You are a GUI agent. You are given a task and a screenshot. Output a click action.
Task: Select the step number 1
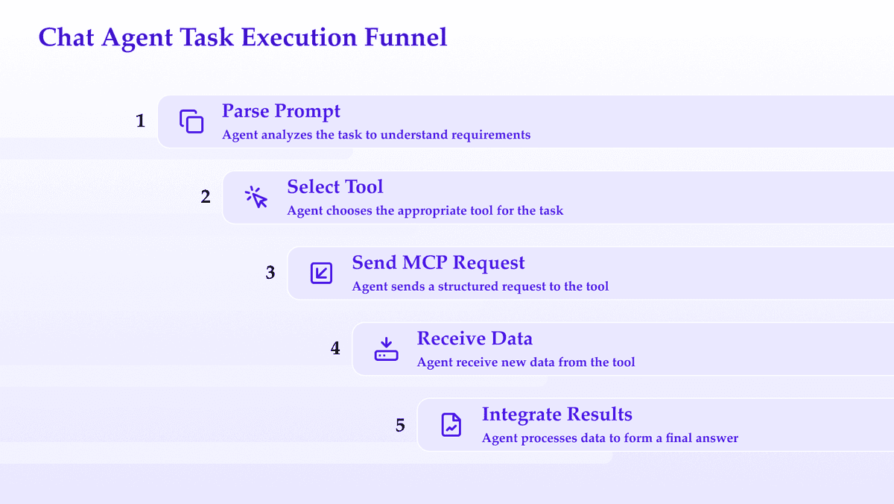pos(140,121)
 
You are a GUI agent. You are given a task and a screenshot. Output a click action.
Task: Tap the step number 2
pos(206,197)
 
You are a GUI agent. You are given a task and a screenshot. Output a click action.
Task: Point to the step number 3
pos(270,273)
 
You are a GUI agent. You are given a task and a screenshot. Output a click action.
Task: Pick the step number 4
pos(335,348)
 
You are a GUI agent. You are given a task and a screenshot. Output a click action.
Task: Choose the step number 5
pos(400,425)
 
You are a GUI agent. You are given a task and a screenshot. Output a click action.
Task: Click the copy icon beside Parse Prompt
pos(191,122)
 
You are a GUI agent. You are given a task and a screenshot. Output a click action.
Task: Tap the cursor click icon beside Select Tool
pos(256,197)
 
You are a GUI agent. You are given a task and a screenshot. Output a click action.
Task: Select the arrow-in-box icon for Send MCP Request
pos(321,273)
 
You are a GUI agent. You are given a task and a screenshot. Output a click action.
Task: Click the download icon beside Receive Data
pos(386,349)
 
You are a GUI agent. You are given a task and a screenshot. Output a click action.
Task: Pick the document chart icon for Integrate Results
pos(451,424)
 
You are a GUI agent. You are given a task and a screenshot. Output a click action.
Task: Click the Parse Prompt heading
pos(281,111)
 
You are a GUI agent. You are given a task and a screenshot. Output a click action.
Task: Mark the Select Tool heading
pos(335,187)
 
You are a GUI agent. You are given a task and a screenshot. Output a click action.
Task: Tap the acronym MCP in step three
pos(425,262)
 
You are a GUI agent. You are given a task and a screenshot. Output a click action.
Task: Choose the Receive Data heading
pos(475,338)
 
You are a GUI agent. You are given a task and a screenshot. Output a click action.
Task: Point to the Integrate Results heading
pos(557,415)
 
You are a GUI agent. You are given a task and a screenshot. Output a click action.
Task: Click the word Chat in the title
pos(66,37)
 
